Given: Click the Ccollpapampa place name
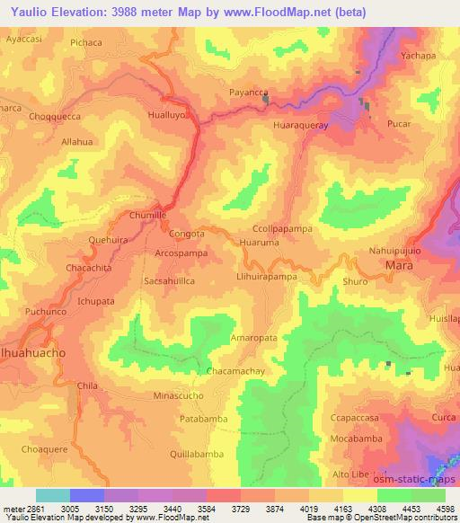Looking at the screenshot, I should coord(282,229).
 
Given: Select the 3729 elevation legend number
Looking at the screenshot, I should coord(239,508).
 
